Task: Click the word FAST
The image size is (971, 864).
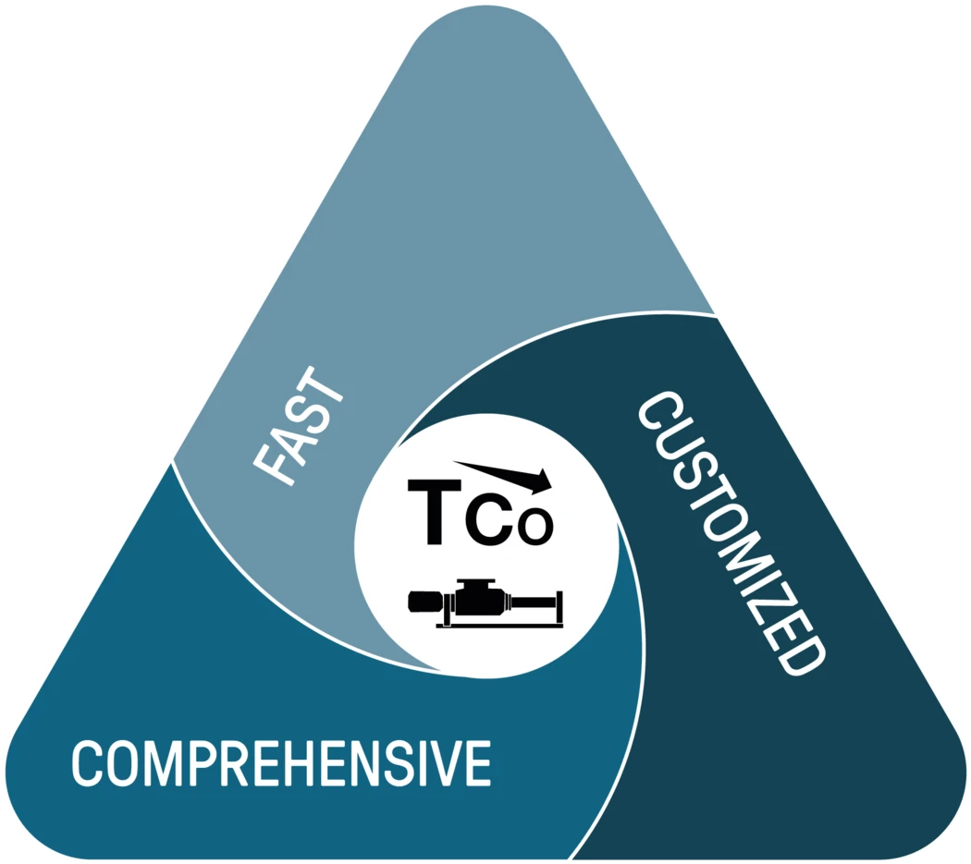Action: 298,427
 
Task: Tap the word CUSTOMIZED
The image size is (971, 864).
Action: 731,533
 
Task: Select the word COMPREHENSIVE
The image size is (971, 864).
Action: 282,762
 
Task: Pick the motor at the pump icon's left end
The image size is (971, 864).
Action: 425,602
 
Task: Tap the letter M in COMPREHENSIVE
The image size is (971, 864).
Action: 160,762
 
